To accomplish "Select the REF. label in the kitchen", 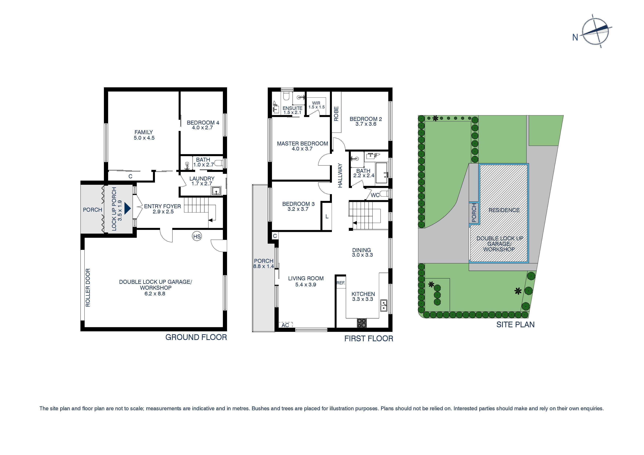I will (x=341, y=283).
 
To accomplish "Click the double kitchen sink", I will (x=384, y=306).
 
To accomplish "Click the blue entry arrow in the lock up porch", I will (x=128, y=208).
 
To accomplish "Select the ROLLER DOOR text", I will (x=88, y=288).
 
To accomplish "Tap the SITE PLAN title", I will (x=515, y=325).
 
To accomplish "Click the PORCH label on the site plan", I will (x=474, y=213).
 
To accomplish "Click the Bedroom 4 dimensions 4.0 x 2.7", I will (x=202, y=128).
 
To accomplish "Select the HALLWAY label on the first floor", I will (x=340, y=176).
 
